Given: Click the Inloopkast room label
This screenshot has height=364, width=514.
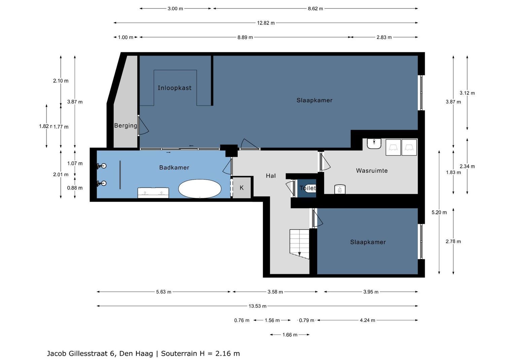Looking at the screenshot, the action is tap(174, 88).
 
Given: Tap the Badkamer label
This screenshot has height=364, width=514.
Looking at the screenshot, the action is tap(174, 168).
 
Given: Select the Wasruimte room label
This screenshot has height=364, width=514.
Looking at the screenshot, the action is tap(372, 171).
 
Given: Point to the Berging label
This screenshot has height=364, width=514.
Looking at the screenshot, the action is tap(126, 125).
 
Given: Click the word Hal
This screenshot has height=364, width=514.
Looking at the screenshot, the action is tap(271, 176).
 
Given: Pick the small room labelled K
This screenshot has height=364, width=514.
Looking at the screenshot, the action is tap(242, 188).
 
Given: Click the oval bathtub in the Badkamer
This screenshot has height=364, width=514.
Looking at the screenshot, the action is tap(200, 188).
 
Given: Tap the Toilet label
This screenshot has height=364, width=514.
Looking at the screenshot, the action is tap(308, 188).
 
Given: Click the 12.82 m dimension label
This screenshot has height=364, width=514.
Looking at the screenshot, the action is tap(266, 23).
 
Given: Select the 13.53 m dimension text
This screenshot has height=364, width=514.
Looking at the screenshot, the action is tap(258, 306).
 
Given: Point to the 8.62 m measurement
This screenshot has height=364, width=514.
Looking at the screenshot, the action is tap(315, 9).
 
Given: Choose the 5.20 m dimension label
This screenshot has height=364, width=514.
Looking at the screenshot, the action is tap(439, 213).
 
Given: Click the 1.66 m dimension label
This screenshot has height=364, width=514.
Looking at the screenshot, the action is tap(290, 335).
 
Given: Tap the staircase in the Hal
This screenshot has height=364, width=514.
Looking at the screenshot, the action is tap(300, 244).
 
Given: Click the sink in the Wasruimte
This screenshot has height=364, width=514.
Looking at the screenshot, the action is tap(374, 144).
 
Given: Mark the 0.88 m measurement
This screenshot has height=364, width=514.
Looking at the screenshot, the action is tap(75, 188).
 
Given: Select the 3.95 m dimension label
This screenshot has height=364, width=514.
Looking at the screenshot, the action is tap(371, 292).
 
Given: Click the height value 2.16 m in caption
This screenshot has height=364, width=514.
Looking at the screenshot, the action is tap(228, 354).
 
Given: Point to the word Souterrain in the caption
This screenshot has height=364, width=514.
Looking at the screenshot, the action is tap(179, 354).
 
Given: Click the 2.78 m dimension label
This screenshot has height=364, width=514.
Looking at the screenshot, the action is tap(453, 242).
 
